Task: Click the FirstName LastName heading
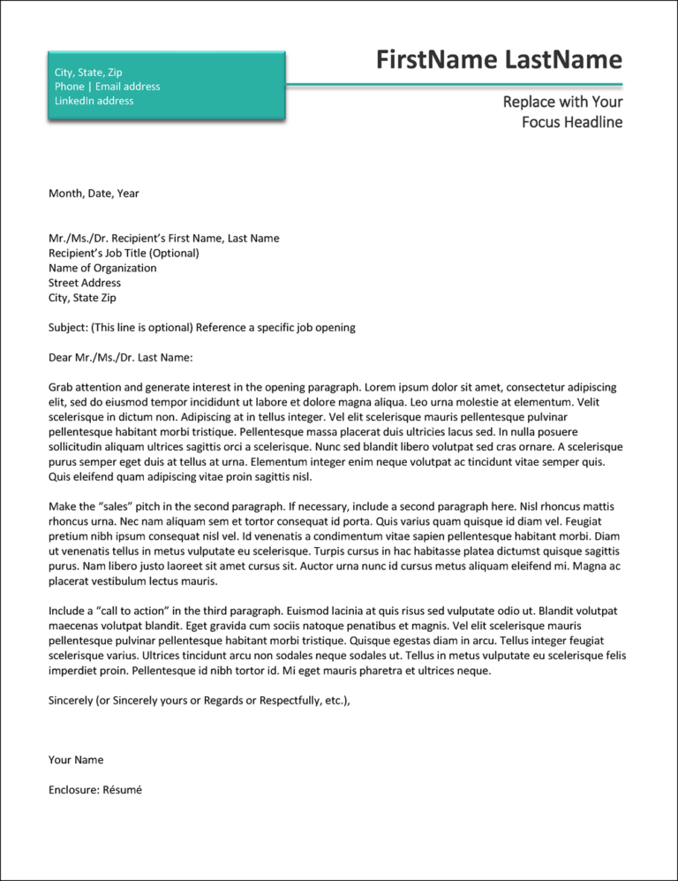coord(499,60)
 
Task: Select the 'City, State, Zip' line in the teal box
coord(88,72)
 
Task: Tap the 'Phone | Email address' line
coord(107,87)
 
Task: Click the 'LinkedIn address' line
coord(94,101)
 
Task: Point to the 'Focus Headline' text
coord(571,122)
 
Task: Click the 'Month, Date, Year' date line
coord(94,194)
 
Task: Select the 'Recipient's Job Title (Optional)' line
coord(124,253)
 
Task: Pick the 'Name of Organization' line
coord(102,268)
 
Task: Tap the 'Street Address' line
coord(85,283)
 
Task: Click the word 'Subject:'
coord(68,327)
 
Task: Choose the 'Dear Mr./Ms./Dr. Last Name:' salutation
coord(120,358)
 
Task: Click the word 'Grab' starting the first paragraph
coord(61,387)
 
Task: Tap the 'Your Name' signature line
coord(76,760)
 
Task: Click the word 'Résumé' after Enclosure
coord(123,790)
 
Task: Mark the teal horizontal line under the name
coord(454,85)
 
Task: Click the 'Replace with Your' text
coord(562,102)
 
